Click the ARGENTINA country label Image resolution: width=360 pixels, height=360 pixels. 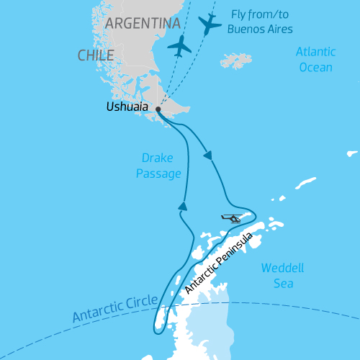click(x=143, y=24)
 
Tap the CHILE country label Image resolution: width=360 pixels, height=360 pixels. click(x=96, y=55)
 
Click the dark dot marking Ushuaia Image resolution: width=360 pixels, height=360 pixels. click(x=158, y=109)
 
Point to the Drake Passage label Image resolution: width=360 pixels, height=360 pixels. click(x=158, y=166)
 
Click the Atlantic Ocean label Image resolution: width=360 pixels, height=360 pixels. click(x=315, y=60)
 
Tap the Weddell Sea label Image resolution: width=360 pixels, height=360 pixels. click(x=282, y=275)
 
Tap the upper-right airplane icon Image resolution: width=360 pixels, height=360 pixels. click(x=209, y=24)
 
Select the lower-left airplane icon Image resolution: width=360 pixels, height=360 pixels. click(x=179, y=46)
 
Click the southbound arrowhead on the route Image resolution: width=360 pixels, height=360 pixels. click(x=209, y=155)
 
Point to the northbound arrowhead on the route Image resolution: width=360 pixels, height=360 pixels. click(x=183, y=206)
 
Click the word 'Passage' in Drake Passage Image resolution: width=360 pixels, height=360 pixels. click(x=158, y=174)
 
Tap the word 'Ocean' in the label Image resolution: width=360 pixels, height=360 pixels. click(x=316, y=68)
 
